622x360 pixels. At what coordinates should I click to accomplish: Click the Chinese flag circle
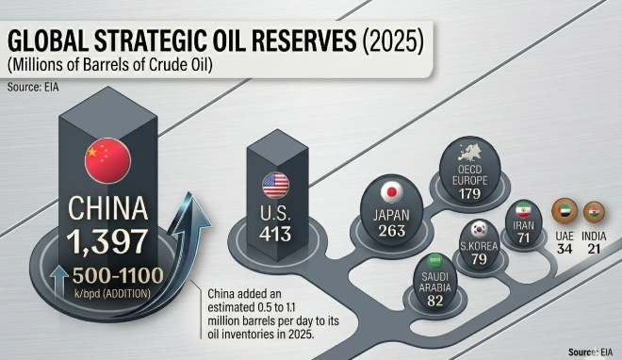click(x=107, y=160)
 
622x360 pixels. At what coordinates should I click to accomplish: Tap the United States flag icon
click(x=276, y=185)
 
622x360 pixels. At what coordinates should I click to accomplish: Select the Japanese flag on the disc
click(x=392, y=192)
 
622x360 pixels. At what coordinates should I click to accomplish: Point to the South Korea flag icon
click(x=479, y=230)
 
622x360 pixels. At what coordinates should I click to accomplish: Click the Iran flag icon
click(x=523, y=210)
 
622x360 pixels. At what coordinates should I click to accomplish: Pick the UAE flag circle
click(x=565, y=211)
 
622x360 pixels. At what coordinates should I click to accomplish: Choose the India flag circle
click(x=594, y=212)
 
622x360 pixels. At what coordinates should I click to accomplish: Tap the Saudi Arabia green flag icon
click(x=434, y=262)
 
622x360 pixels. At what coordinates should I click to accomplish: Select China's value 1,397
click(x=107, y=241)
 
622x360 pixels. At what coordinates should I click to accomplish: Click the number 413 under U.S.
click(x=275, y=234)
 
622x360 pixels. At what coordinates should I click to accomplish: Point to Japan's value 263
click(x=392, y=231)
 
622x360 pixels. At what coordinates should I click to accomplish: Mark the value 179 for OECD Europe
click(x=470, y=194)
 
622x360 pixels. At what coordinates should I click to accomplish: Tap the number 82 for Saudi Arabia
click(x=435, y=301)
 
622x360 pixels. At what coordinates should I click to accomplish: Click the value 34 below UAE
click(x=565, y=249)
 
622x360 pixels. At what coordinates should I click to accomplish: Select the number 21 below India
click(x=594, y=249)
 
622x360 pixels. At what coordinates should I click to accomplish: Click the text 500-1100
click(x=118, y=275)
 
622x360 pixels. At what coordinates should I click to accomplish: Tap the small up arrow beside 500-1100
click(x=59, y=282)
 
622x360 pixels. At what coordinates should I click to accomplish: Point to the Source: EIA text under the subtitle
click(x=33, y=87)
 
